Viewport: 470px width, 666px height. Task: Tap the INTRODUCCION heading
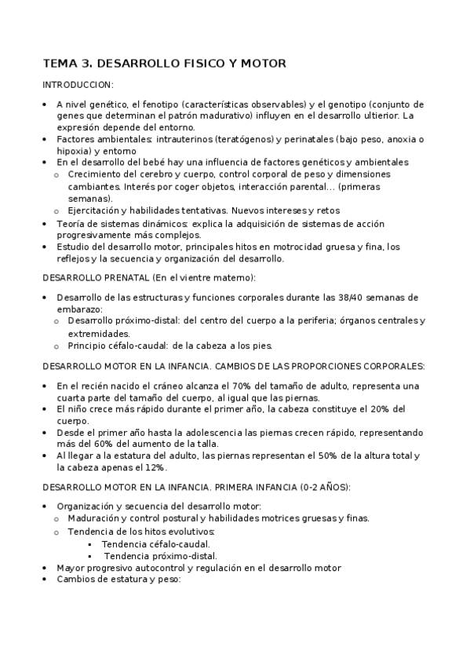pos(78,85)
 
